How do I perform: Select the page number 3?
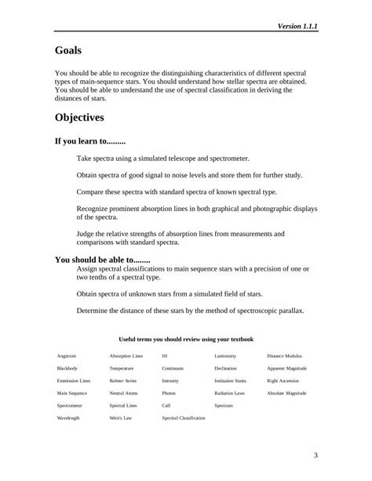click(315, 455)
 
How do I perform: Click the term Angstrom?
click(67, 355)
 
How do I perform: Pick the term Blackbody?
click(67, 368)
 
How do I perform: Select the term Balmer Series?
click(122, 381)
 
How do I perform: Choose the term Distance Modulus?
click(284, 355)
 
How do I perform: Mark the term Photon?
click(169, 393)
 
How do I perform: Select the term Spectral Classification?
click(184, 418)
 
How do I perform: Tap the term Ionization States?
click(230, 381)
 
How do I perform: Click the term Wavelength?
click(68, 418)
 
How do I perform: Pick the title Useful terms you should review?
click(186, 339)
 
